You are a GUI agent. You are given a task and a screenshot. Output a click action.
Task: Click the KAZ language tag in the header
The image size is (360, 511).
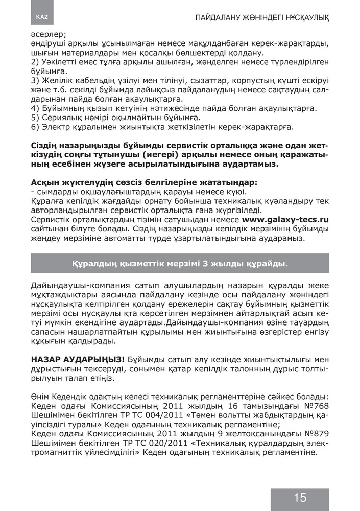point(42,17)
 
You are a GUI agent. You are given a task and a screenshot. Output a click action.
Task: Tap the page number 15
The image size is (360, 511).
point(300,498)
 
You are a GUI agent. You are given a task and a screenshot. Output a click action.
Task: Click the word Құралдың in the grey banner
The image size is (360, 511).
point(93,264)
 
